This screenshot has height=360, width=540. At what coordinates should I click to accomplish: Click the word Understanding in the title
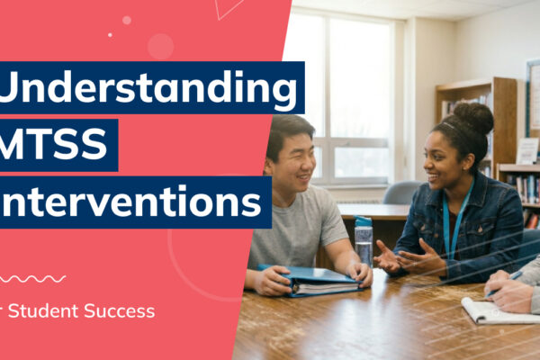[148, 90]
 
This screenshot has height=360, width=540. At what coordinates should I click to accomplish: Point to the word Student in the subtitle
[44, 312]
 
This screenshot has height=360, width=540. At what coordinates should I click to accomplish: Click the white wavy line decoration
[32, 279]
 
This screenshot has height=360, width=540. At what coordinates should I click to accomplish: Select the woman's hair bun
[473, 118]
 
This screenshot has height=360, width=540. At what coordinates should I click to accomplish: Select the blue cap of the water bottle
[364, 221]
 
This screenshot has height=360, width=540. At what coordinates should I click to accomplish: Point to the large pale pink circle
[160, 46]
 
